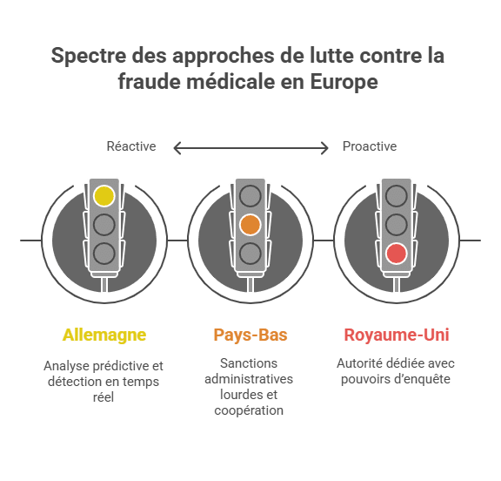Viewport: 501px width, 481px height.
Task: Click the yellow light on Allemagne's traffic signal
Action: [104, 195]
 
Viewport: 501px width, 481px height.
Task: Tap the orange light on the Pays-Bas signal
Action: [250, 225]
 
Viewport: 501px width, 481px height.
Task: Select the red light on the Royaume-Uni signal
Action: [397, 254]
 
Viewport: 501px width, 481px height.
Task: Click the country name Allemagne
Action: [104, 335]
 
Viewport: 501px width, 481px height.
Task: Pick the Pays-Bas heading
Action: [250, 335]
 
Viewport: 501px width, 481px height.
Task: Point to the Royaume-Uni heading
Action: [397, 335]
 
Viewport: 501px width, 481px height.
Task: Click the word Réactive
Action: [131, 146]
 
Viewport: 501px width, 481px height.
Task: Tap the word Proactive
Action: [370, 146]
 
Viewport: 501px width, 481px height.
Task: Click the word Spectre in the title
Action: [89, 56]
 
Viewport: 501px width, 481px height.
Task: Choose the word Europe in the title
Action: [344, 82]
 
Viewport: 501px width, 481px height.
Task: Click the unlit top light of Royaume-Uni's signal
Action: [397, 195]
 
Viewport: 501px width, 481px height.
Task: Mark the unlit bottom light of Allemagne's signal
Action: [104, 254]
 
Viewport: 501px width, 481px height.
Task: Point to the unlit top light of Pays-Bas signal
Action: [250, 195]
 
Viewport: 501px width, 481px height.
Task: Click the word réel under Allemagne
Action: [104, 397]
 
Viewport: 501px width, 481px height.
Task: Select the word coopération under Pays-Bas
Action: [249, 411]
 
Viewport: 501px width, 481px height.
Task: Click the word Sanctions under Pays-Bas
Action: [249, 363]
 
